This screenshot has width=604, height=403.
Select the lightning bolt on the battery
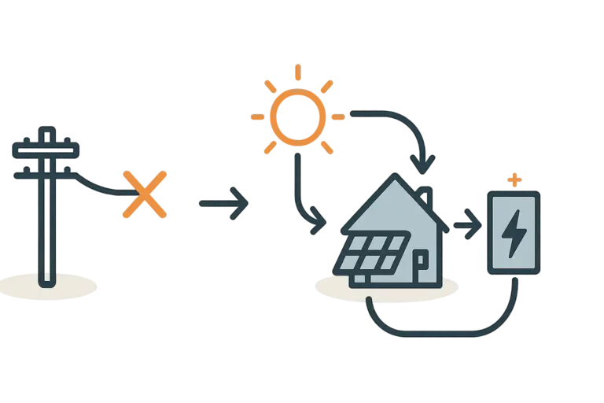point(514,234)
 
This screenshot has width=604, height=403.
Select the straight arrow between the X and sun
point(224,203)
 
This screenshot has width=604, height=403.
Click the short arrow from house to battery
point(465,228)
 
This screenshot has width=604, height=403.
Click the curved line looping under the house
point(440,331)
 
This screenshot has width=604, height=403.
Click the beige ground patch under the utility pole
point(49,286)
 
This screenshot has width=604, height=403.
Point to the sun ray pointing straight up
point(297,72)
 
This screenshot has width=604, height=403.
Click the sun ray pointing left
point(256,117)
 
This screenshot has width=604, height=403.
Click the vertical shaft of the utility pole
point(48,228)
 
